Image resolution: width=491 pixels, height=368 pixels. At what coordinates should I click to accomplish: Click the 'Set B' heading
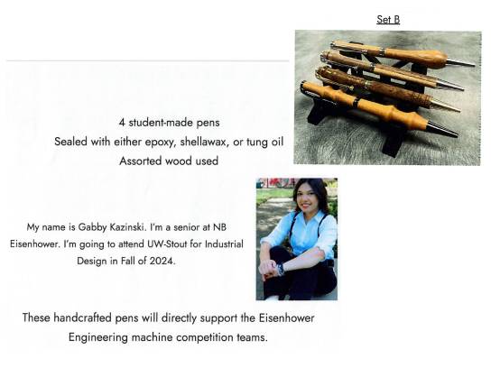388,18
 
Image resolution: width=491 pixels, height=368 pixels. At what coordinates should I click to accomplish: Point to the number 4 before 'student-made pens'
122,123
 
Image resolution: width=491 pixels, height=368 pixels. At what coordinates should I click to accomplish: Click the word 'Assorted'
143,161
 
